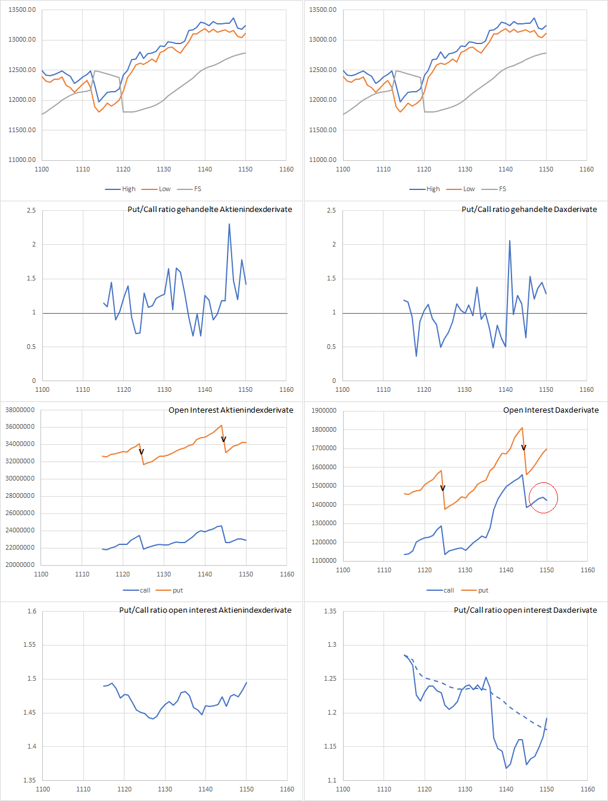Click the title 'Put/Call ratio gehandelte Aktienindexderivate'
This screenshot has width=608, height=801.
210,209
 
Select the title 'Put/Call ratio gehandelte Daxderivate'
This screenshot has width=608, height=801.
529,209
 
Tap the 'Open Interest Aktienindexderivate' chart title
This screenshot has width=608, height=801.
230,410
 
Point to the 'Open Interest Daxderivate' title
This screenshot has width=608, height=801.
550,410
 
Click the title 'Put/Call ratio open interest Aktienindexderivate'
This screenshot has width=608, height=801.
205,610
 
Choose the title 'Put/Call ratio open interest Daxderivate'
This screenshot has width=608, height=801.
525,610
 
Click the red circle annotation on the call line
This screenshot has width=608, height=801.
543,497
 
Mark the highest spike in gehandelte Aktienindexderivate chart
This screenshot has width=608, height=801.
229,225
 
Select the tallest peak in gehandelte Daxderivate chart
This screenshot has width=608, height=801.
510,241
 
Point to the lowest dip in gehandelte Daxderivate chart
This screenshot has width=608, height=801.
416,356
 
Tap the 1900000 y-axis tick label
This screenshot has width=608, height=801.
324,410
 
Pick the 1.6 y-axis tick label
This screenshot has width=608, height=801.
32,611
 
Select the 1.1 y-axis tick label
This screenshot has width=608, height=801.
331,780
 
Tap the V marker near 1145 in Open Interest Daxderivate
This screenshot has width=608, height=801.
523,447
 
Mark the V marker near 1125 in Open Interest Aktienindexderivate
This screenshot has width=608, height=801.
141,452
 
